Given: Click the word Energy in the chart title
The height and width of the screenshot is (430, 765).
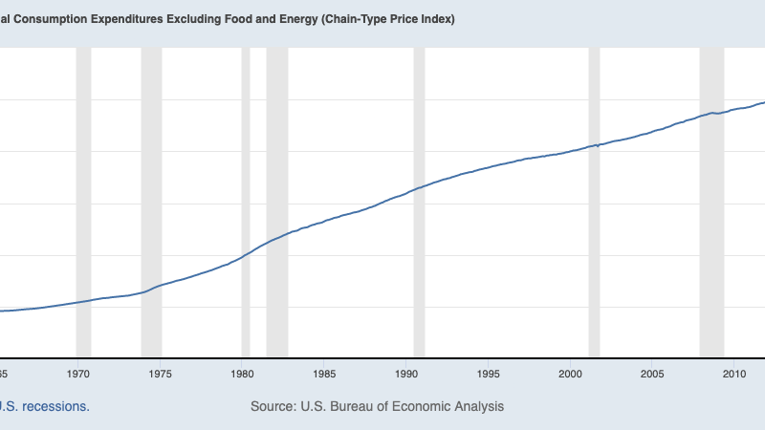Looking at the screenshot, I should [276, 19].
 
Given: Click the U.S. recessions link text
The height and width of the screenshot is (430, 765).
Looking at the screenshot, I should [45, 406].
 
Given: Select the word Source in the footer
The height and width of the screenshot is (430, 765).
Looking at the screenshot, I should [273, 406].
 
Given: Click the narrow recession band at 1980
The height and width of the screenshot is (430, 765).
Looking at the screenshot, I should [246, 191].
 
